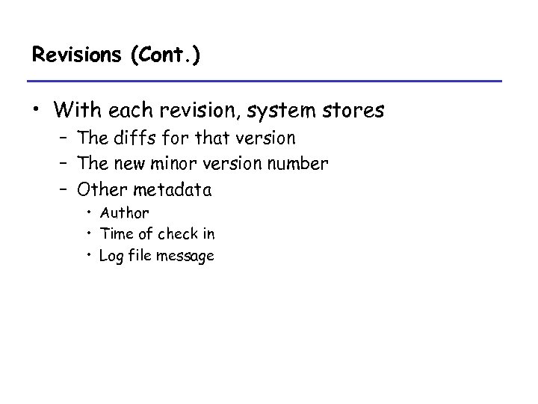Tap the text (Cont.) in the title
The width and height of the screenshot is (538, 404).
164,56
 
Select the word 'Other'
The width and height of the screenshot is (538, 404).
100,187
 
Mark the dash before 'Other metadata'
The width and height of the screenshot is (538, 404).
67,187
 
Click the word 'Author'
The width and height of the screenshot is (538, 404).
124,213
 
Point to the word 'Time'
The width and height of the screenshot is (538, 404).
115,234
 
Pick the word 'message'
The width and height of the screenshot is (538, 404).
188,256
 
